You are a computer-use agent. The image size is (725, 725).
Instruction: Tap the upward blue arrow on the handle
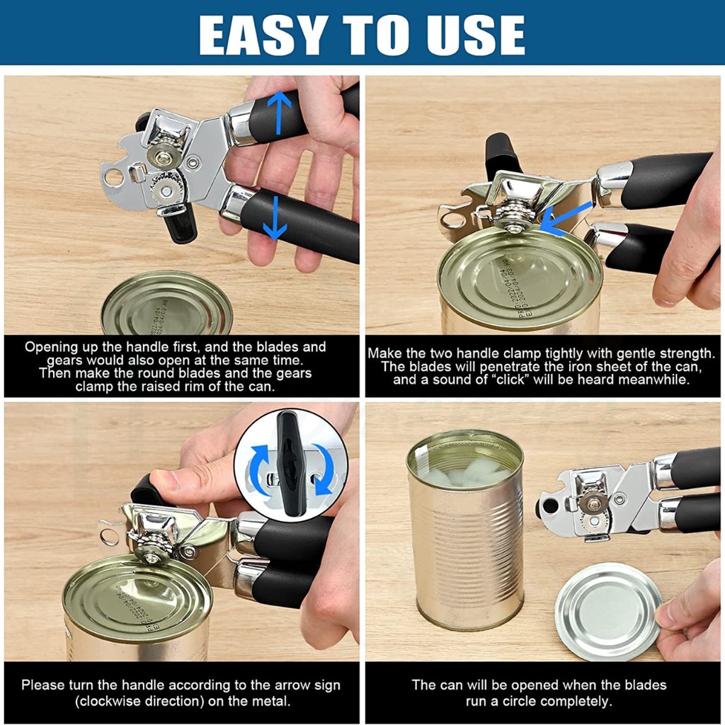(x=279, y=113)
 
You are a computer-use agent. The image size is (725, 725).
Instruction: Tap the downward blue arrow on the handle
(x=275, y=217)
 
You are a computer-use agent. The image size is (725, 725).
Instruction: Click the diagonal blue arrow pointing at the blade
(x=565, y=217)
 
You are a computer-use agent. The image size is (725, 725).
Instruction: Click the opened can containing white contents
(x=465, y=530)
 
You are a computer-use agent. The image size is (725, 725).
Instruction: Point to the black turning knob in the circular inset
(x=290, y=463)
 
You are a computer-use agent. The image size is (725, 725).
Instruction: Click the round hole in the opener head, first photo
(x=114, y=177)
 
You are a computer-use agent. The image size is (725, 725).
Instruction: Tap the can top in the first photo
(x=166, y=303)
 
